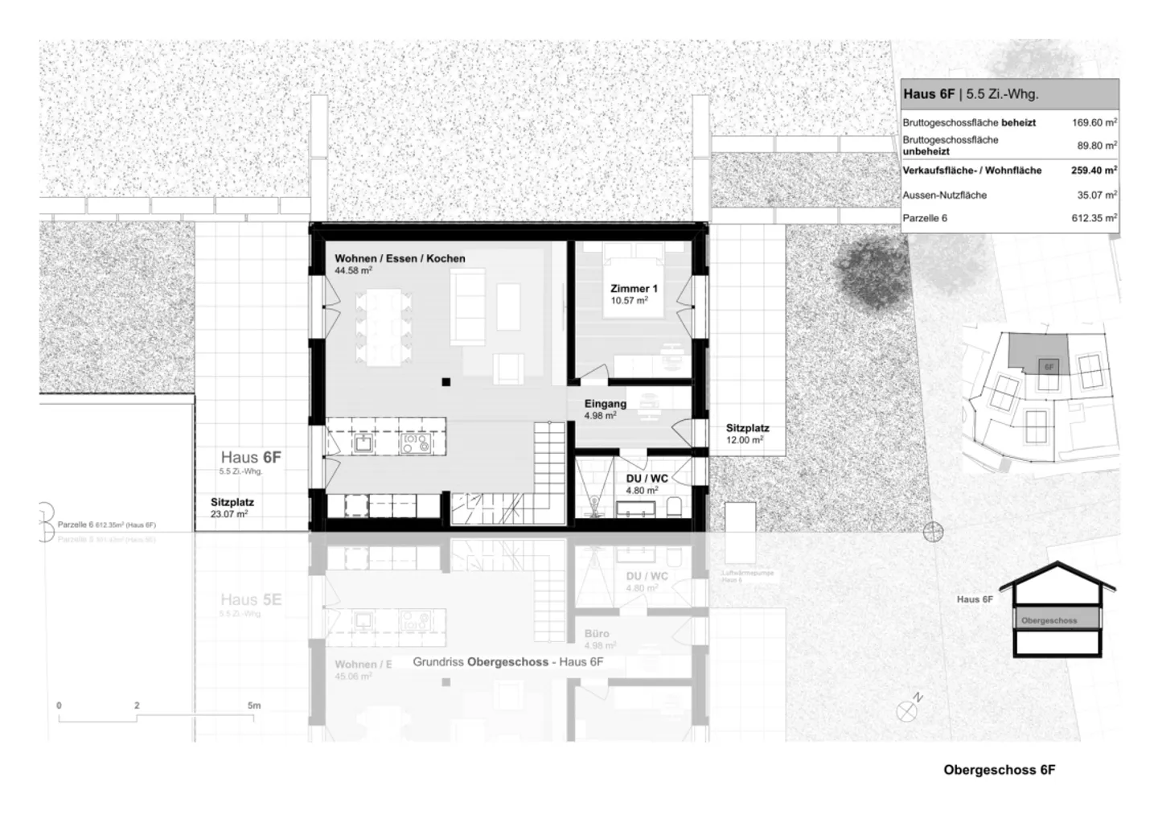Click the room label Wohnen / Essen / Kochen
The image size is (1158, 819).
400,259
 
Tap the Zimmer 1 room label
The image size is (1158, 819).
634,289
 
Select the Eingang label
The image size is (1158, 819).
606,405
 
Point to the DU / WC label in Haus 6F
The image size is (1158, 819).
647,479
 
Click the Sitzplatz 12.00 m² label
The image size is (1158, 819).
747,429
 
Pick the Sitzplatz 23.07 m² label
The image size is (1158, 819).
232,502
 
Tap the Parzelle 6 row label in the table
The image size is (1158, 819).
925,218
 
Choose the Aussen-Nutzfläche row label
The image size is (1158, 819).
944,195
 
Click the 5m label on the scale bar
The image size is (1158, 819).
254,706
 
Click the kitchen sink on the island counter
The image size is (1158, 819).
363,442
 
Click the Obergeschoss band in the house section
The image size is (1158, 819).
1056,620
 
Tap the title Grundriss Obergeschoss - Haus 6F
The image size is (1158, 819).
507,662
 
